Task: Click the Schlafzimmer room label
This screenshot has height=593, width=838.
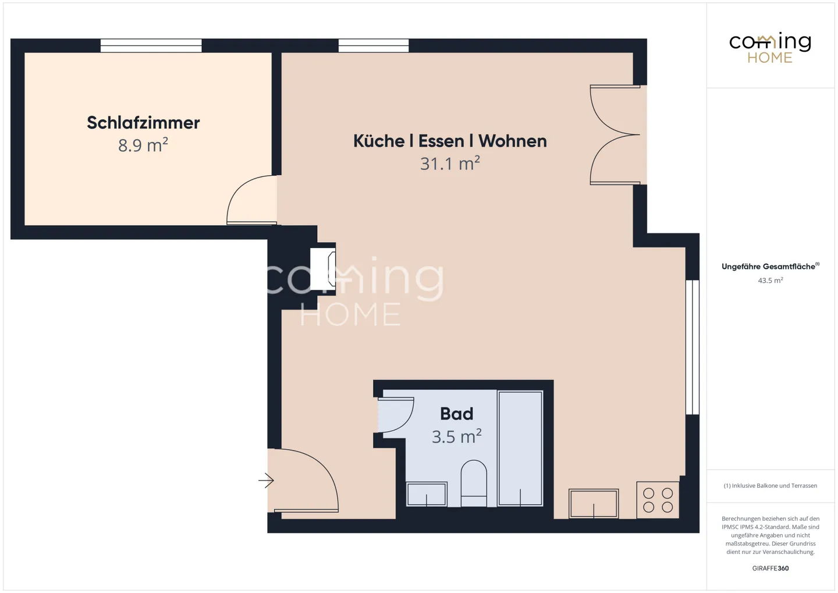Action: pyautogui.click(x=143, y=123)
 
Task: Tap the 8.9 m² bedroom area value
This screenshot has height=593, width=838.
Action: pyautogui.click(x=143, y=145)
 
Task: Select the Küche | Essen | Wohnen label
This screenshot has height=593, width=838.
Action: pyautogui.click(x=450, y=141)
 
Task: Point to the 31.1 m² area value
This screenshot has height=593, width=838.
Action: pyautogui.click(x=450, y=164)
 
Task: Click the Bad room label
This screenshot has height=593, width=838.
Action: pyautogui.click(x=456, y=414)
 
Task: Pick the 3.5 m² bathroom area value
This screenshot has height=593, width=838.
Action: pyautogui.click(x=456, y=436)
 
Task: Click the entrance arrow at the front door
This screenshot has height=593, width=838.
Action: pyautogui.click(x=266, y=480)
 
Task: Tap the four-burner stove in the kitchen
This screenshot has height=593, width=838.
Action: pyautogui.click(x=658, y=500)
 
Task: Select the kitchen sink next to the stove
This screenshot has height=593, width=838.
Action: pyautogui.click(x=594, y=503)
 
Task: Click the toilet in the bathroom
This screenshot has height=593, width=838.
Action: pyautogui.click(x=474, y=484)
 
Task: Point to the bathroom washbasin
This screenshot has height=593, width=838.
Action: pyautogui.click(x=427, y=494)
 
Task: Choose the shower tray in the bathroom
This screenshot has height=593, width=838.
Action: pyautogui.click(x=520, y=449)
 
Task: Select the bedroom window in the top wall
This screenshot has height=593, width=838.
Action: pyautogui.click(x=151, y=45)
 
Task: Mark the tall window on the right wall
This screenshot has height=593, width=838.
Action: pyautogui.click(x=692, y=347)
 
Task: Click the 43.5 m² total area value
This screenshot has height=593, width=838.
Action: pyautogui.click(x=770, y=280)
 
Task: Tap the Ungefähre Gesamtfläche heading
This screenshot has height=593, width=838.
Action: pyautogui.click(x=770, y=267)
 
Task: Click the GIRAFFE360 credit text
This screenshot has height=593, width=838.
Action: pyautogui.click(x=770, y=569)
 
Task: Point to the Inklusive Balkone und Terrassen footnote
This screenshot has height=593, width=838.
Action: pyautogui.click(x=770, y=485)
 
